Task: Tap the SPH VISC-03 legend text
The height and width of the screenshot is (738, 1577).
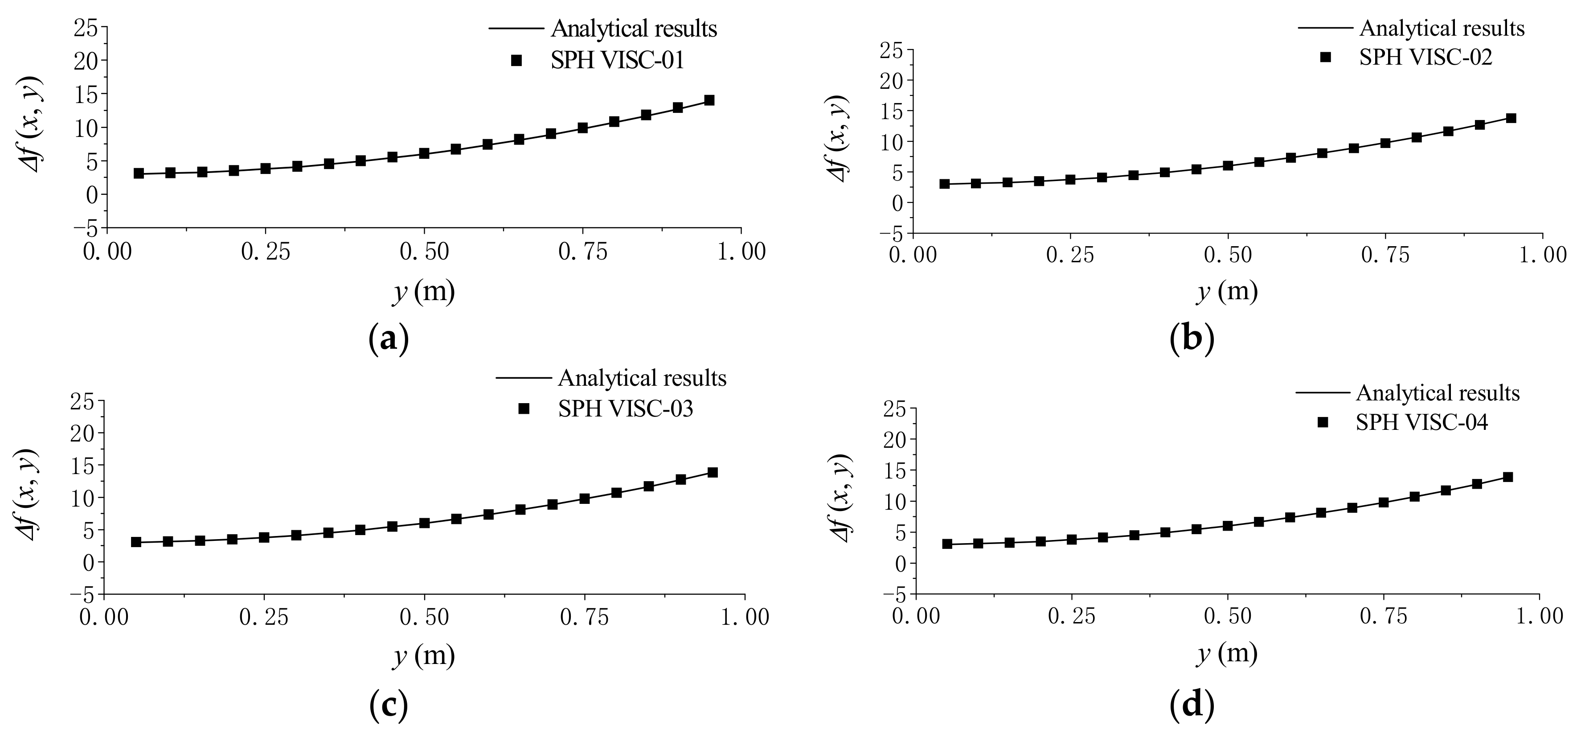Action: [x=625, y=408]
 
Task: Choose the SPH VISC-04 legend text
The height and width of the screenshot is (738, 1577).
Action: [x=1421, y=423]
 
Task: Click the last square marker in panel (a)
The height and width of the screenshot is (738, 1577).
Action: [x=709, y=100]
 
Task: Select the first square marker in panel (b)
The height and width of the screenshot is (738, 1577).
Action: [x=945, y=184]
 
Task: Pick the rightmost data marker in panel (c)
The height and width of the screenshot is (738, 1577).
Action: [x=713, y=472]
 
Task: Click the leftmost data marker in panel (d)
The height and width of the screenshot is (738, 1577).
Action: [x=947, y=544]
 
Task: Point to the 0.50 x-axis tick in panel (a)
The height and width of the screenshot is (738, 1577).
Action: [x=424, y=251]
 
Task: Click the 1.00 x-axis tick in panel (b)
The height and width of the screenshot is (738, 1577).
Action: [x=1541, y=254]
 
